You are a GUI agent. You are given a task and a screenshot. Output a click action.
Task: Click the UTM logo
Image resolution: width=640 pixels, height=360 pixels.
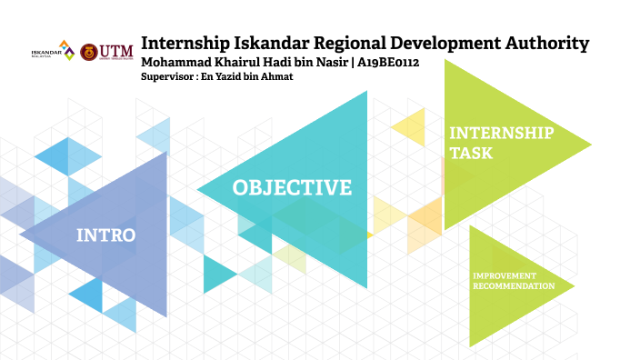[x=106, y=51]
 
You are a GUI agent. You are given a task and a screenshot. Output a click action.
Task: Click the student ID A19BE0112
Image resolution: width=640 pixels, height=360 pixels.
[x=387, y=63]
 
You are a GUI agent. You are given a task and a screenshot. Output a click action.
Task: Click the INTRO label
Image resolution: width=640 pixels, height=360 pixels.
[x=105, y=235]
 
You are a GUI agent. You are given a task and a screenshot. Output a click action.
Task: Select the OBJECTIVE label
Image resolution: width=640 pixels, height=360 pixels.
[x=292, y=188]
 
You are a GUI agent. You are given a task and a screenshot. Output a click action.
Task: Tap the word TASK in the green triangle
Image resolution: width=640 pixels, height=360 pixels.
[x=472, y=154]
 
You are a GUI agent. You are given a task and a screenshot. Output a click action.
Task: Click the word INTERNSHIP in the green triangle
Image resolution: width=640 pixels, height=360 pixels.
[x=501, y=133]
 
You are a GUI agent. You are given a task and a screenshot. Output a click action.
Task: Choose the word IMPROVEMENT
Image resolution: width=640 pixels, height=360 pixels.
[x=504, y=275]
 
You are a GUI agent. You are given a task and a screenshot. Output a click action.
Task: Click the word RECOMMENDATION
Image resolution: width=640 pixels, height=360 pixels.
[x=513, y=285]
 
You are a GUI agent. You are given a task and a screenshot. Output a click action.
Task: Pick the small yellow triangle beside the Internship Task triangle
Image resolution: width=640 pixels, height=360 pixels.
[x=411, y=126]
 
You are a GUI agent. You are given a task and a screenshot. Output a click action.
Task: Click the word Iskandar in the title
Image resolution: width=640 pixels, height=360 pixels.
[x=273, y=43]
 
